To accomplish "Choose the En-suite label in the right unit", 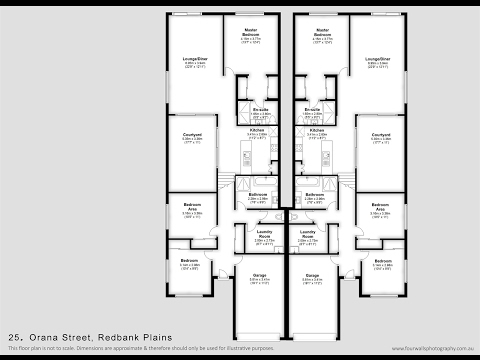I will (x=312, y=108).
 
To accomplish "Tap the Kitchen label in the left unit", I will (x=258, y=130).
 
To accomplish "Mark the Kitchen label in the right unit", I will (x=317, y=130).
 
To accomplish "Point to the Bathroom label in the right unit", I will (x=313, y=195).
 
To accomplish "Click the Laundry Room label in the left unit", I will (x=265, y=234).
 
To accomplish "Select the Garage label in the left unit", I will (x=259, y=274).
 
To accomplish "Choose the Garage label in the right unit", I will (x=312, y=274).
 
